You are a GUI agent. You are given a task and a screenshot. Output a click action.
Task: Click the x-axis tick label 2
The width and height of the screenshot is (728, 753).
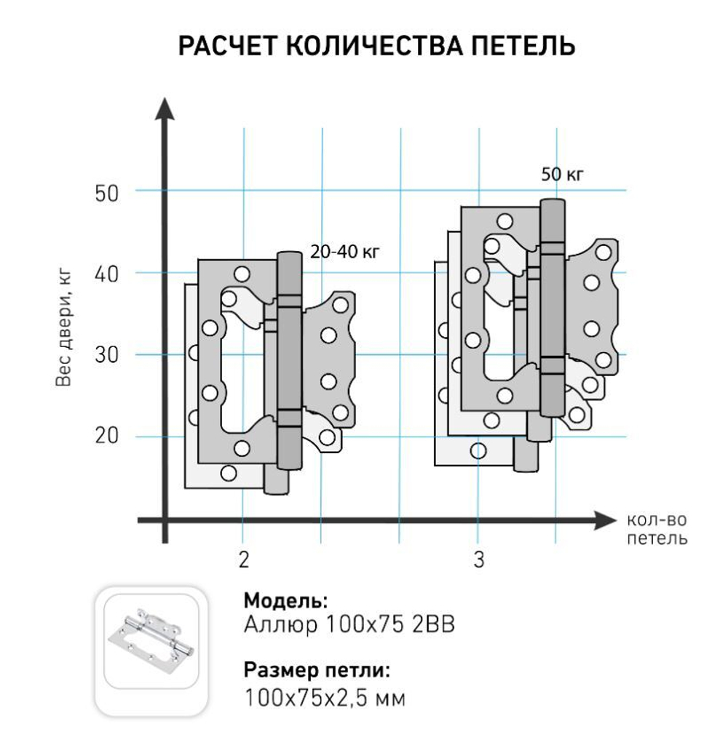tap(243, 560)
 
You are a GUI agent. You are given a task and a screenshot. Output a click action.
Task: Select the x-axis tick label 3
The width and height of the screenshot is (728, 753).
tap(478, 560)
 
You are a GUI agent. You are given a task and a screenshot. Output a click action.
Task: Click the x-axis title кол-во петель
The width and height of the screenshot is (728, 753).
tap(656, 530)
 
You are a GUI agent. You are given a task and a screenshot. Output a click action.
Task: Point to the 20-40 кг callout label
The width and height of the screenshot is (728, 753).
tap(345, 252)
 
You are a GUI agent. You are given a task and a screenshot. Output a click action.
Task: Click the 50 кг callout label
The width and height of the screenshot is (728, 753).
tap(563, 175)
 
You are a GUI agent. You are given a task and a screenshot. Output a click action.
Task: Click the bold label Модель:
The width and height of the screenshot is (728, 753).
tap(285, 601)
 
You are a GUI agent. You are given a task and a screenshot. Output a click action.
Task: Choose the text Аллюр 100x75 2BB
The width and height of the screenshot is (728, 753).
tap(349, 624)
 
